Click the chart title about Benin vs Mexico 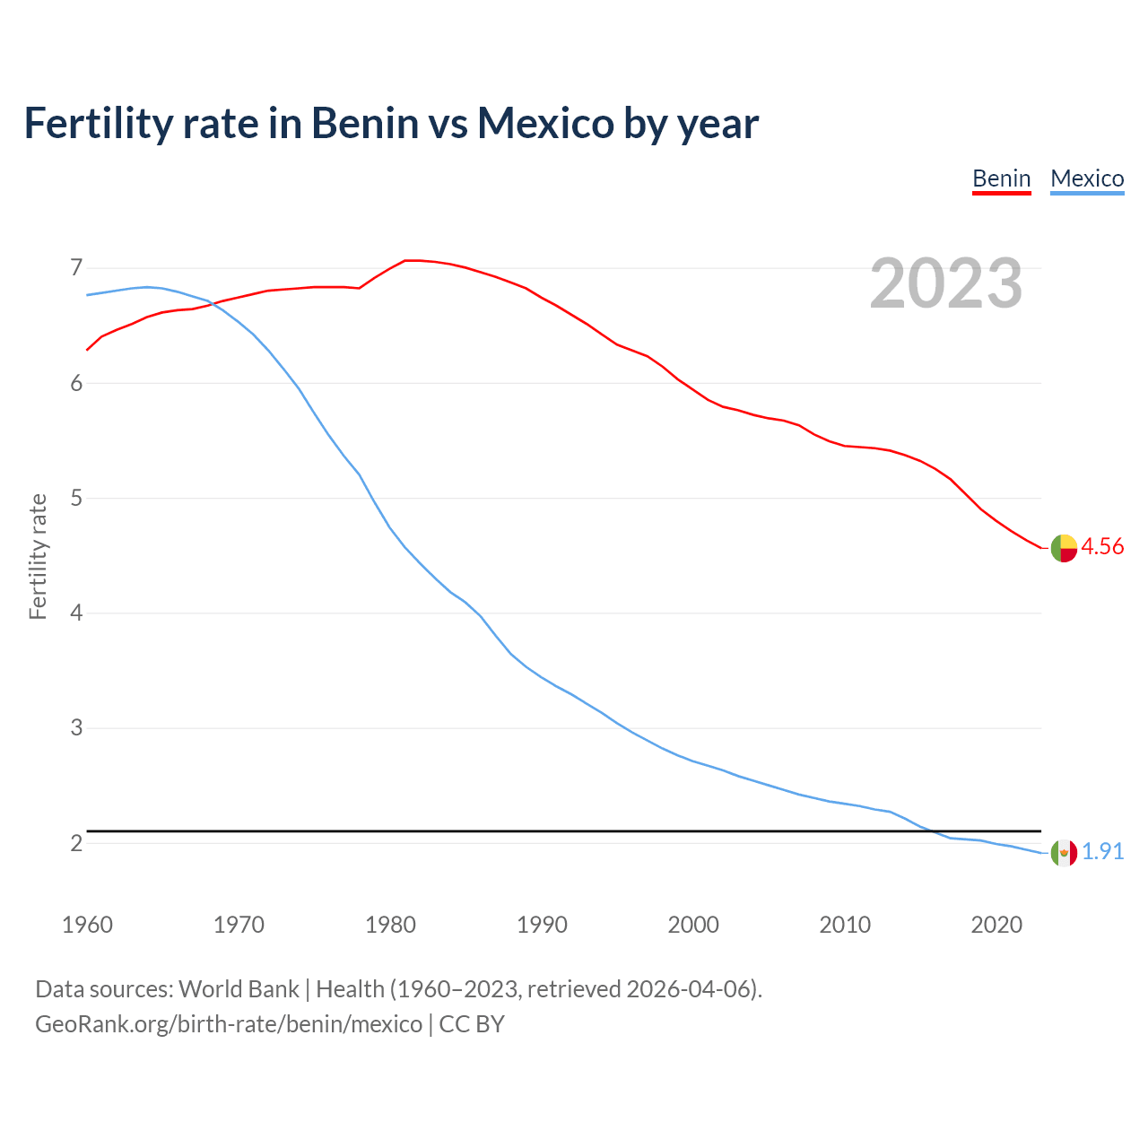391,123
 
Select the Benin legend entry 1002,178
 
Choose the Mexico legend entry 1087,178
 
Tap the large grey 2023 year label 945,283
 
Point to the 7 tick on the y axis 76,268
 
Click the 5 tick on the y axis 76,498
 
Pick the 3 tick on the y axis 76,727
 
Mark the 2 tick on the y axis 76,843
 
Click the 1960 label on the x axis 87,925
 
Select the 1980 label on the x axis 390,925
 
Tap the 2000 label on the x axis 693,925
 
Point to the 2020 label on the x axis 996,925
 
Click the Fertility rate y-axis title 38,556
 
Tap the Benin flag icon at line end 1064,547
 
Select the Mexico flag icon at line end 1064,852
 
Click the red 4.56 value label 1102,547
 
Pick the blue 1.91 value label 1102,852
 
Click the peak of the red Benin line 411,260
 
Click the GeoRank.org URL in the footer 229,1024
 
